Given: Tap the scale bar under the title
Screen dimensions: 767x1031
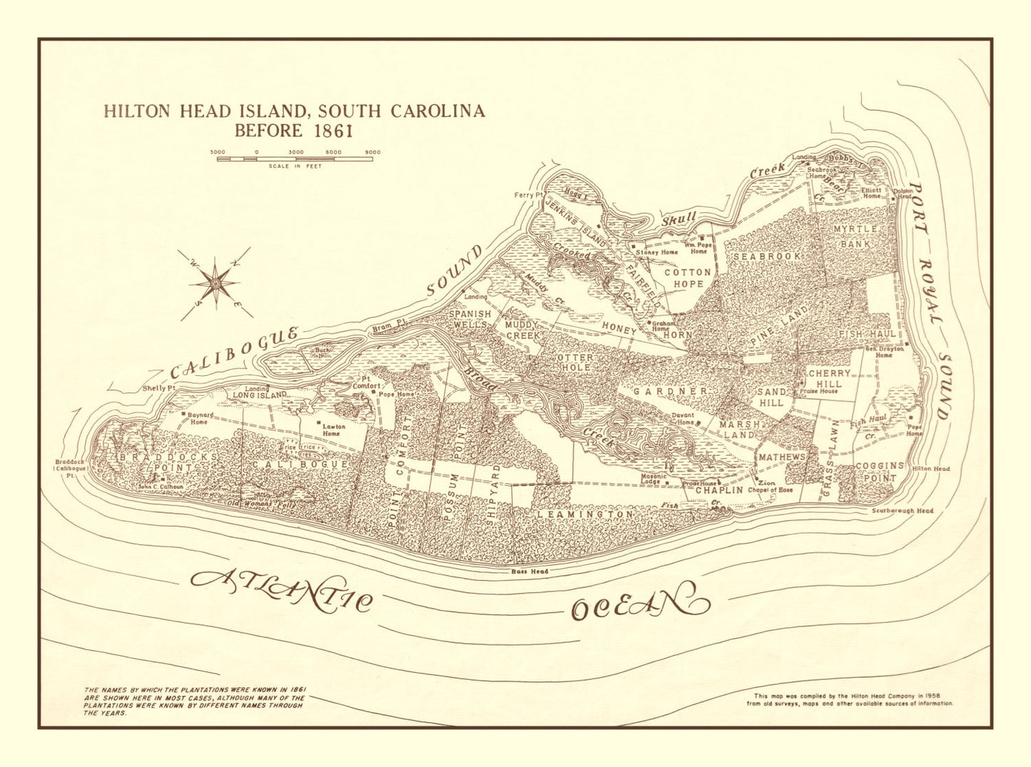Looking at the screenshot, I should click(x=295, y=158).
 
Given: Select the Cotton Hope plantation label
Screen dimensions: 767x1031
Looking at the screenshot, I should click(x=688, y=278).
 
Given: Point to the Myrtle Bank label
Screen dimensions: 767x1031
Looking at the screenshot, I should click(x=855, y=236).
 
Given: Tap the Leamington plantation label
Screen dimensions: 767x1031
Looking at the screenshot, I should click(x=585, y=514).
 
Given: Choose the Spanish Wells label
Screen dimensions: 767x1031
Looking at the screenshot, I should click(x=469, y=319).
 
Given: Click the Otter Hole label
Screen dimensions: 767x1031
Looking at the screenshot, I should click(x=574, y=362).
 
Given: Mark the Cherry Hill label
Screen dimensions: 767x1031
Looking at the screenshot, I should click(x=829, y=378).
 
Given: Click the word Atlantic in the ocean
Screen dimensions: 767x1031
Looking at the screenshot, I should click(x=282, y=589).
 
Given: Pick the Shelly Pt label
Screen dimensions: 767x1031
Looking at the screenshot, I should click(x=158, y=387).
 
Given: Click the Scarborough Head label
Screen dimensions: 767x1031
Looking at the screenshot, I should click(x=902, y=511).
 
